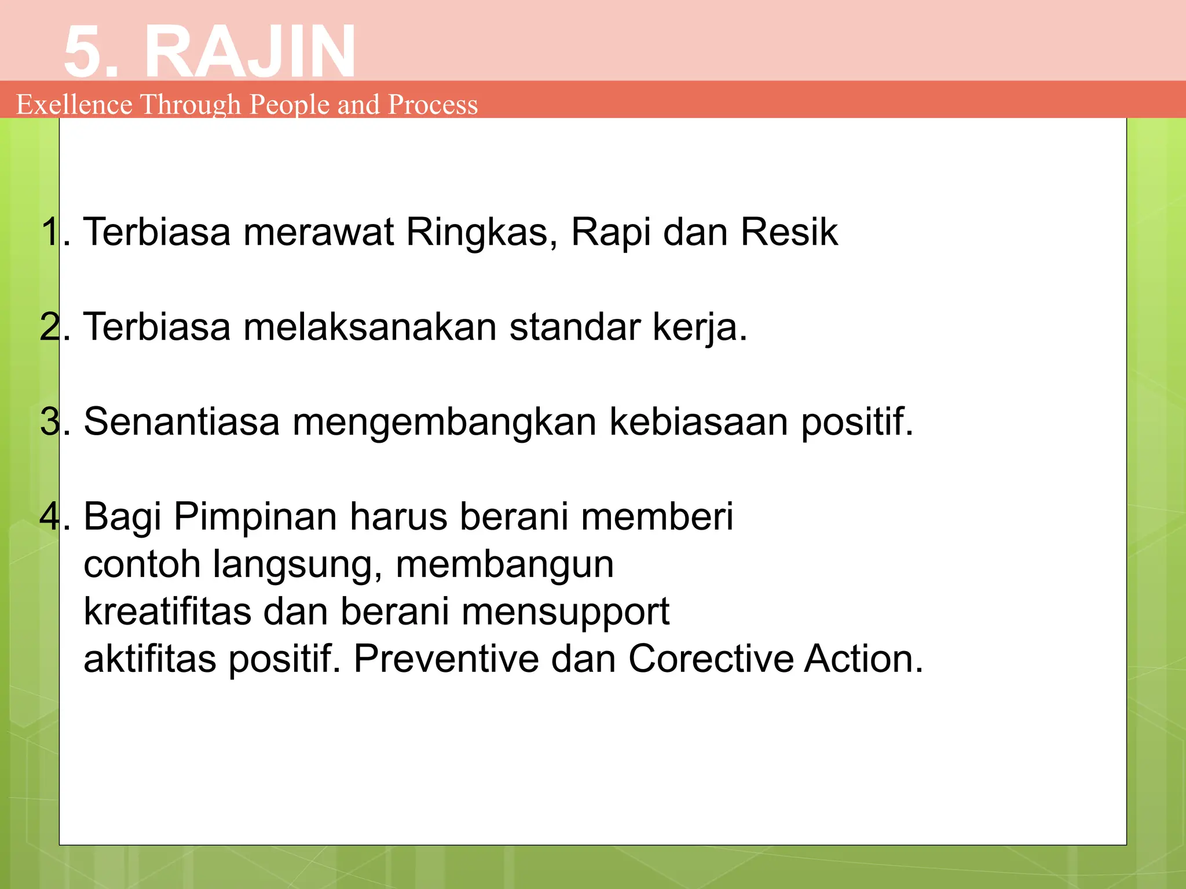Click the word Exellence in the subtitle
(74, 105)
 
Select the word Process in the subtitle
(433, 105)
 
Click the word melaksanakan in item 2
(369, 328)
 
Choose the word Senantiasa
(181, 422)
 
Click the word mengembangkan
(444, 422)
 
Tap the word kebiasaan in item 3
(698, 422)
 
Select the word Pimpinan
(255, 517)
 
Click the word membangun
(504, 564)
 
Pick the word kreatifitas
(167, 612)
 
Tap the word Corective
(711, 659)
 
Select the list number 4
(50, 517)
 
